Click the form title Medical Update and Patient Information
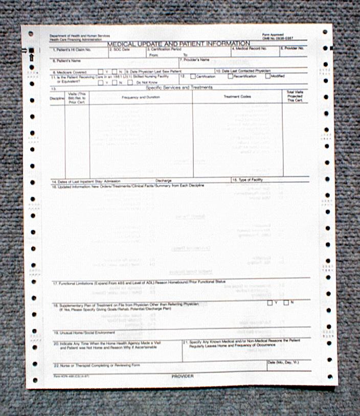point(179,44)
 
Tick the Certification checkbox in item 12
point(193,76)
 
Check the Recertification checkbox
point(231,76)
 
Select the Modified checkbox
point(267,76)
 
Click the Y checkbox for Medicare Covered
point(101,72)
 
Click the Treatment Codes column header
point(237,97)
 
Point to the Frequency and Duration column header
point(141,97)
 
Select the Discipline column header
point(57,97)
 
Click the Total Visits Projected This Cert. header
point(295,97)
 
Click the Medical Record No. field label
point(250,49)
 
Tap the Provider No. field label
point(293,48)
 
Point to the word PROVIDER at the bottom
point(183,376)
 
